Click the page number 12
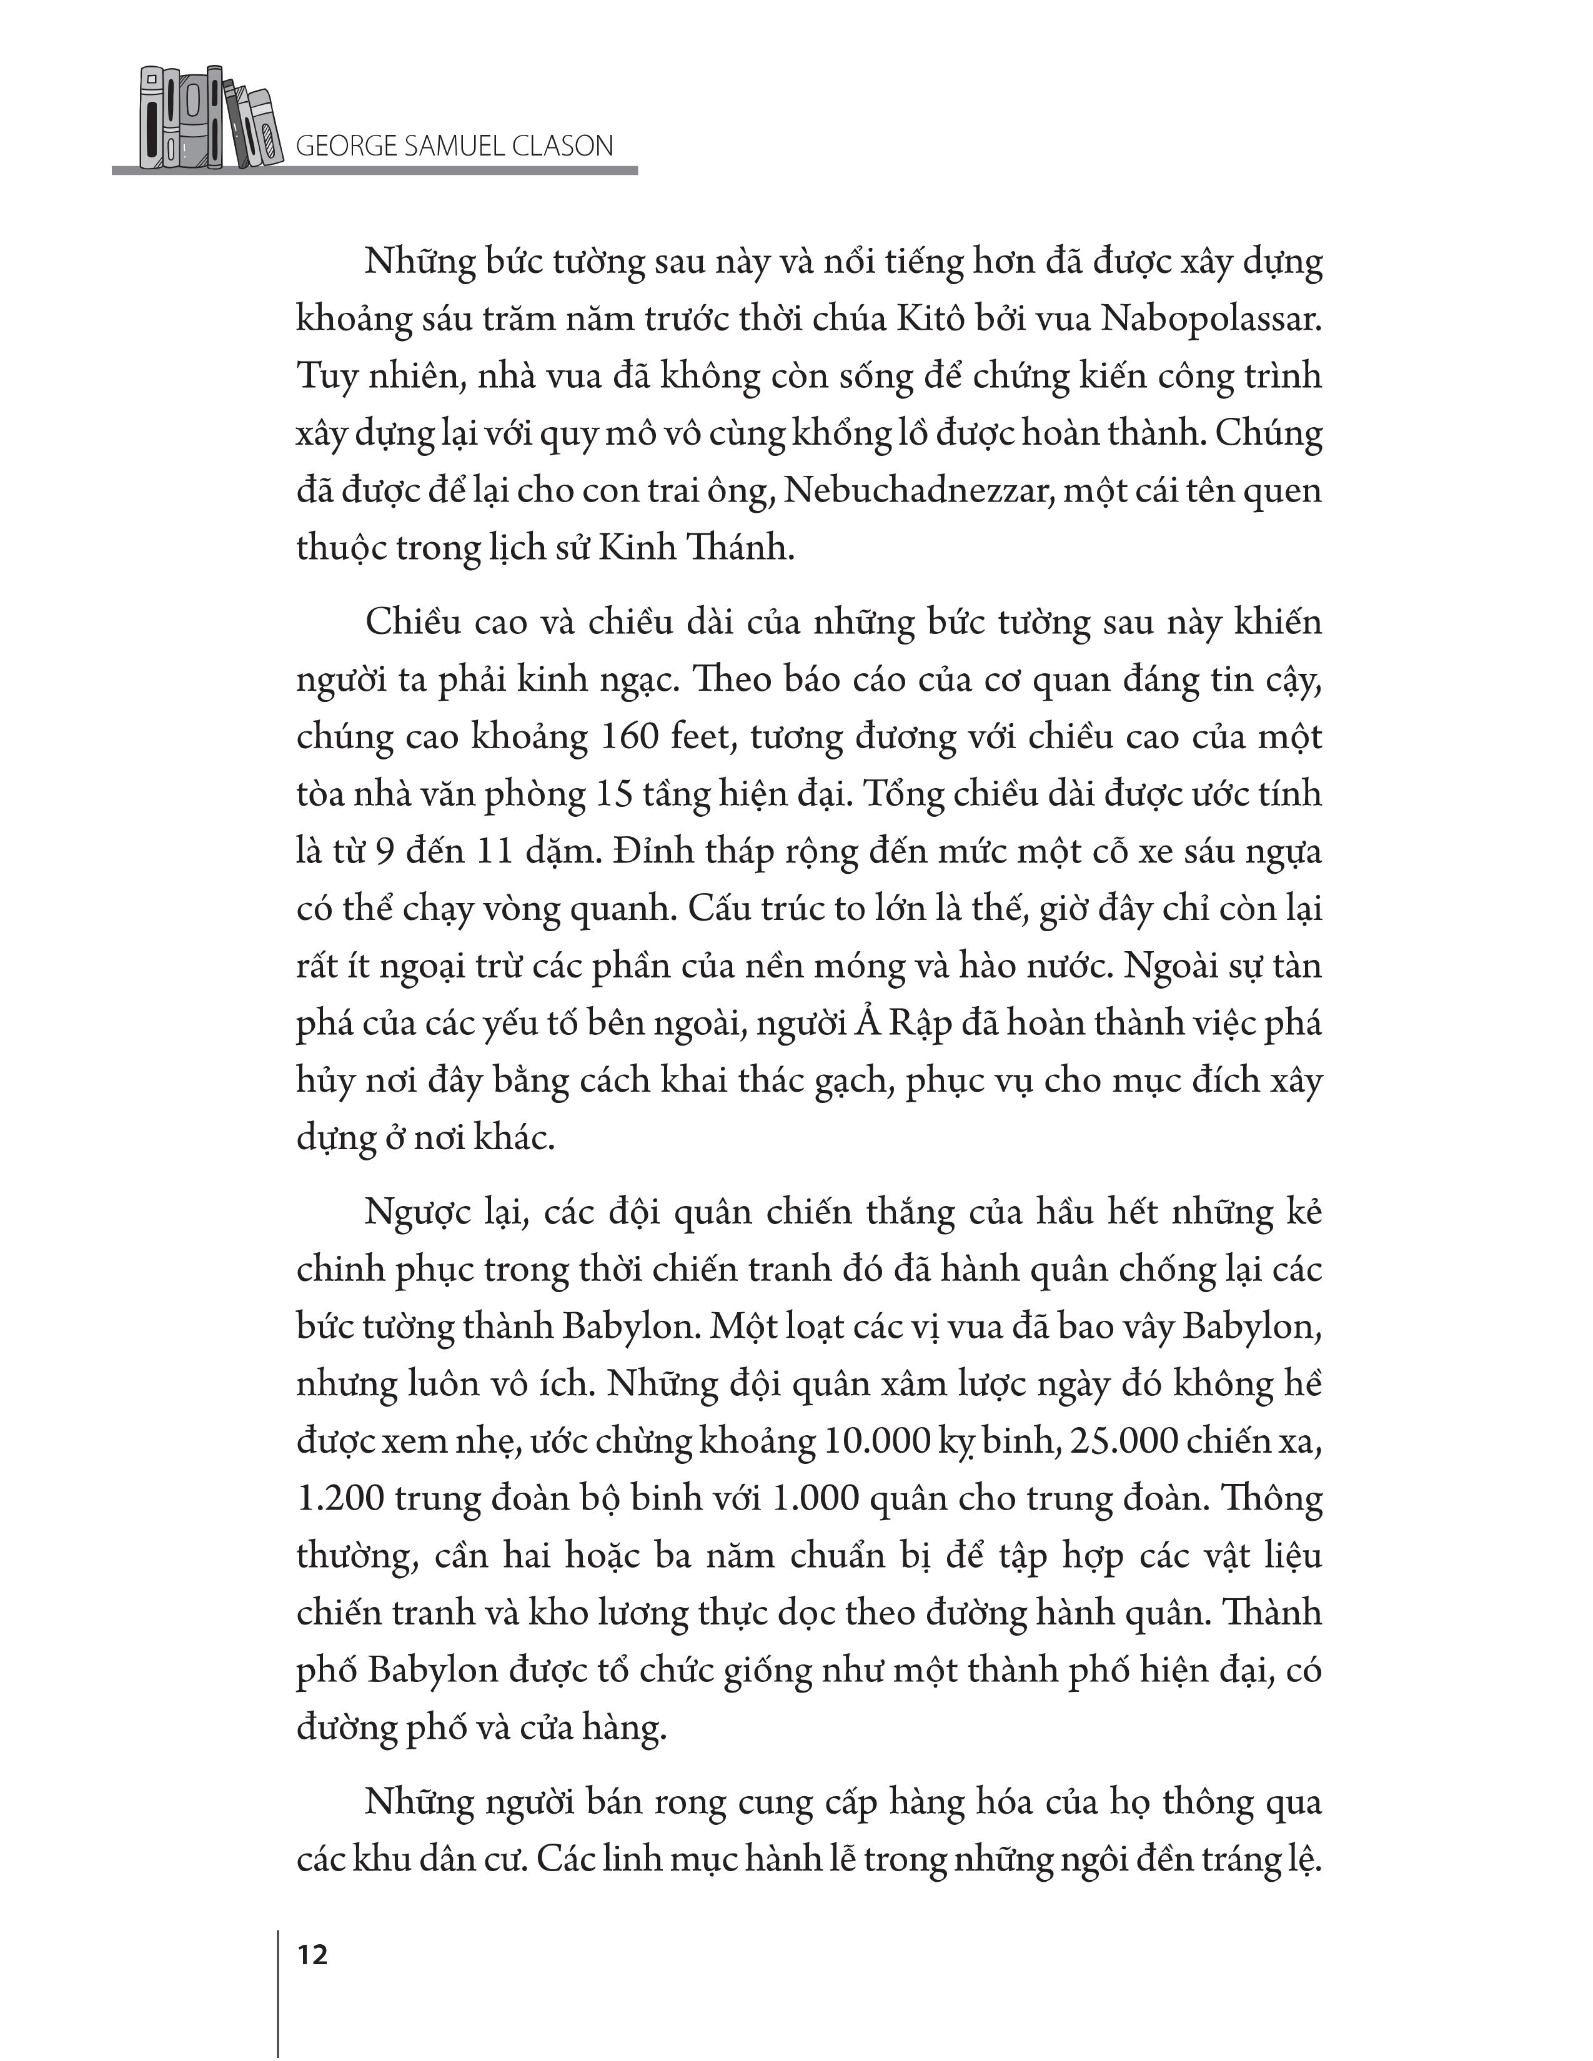pyautogui.click(x=312, y=1955)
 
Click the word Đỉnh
pyautogui.click(x=647, y=851)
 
